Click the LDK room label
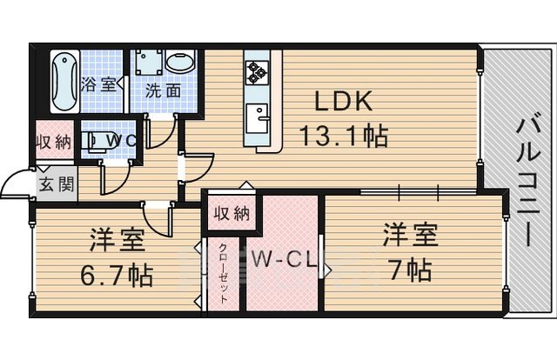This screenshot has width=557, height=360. coord(343,103)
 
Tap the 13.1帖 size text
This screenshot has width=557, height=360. coord(343,136)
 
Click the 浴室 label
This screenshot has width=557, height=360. coord(97,85)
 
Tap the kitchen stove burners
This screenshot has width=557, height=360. coord(257,71)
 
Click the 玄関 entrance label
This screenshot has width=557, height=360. coord(55,184)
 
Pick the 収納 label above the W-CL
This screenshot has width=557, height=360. coord(231,213)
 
